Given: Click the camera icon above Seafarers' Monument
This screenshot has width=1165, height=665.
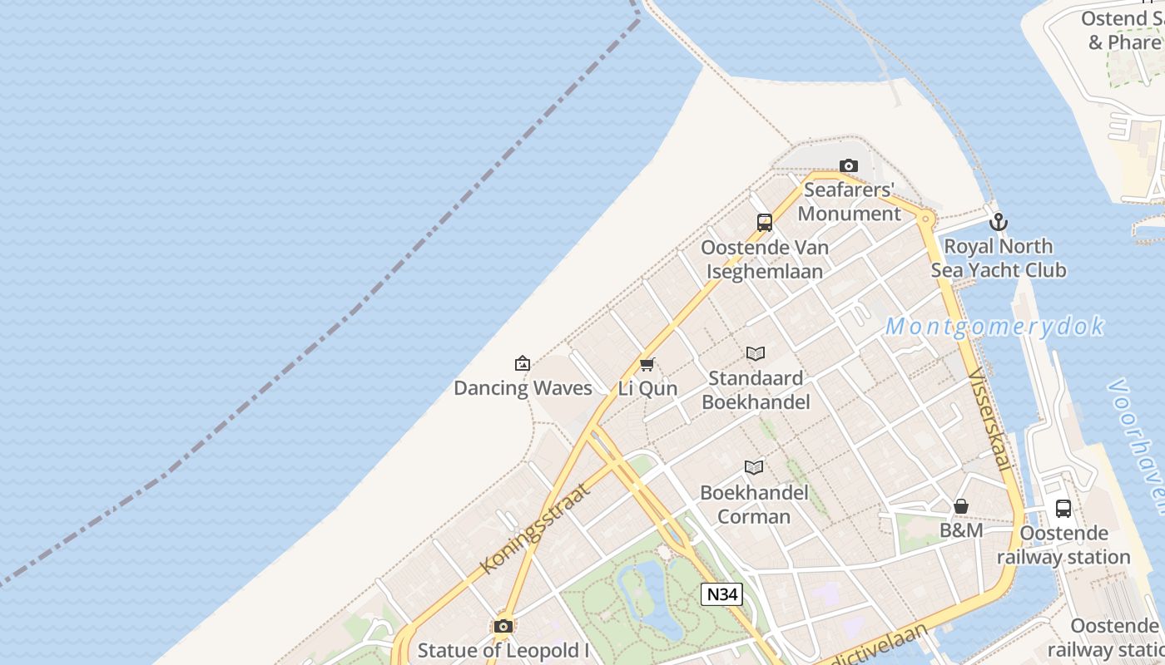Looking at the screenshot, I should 848,166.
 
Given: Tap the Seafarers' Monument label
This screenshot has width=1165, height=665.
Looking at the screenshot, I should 849,202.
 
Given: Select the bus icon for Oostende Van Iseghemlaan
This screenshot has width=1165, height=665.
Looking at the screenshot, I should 765,222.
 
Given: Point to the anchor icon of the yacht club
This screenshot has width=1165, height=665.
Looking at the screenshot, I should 999,222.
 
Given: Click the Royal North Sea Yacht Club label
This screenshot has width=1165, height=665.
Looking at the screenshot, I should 999,259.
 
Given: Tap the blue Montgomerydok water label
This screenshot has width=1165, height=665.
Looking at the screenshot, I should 994,327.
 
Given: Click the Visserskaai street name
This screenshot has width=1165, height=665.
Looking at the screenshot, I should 989,420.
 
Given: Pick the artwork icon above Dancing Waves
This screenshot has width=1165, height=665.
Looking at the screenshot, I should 523,363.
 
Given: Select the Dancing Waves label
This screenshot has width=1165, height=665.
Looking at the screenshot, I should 523,388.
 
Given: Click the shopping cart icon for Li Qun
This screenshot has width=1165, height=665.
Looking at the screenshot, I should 647,364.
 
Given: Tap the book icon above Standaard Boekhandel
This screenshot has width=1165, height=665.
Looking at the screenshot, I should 756,354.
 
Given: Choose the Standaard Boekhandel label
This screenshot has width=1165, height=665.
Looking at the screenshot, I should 756,391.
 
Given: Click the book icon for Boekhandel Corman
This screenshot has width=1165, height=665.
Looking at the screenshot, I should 754,467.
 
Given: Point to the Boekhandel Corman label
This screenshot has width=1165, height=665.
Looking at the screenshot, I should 754,505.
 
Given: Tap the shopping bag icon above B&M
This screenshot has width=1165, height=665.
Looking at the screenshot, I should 961,506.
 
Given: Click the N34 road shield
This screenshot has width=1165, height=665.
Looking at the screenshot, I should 721,594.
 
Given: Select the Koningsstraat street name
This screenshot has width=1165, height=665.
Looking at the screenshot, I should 535,529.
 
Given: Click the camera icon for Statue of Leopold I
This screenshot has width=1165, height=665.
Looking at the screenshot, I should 503,626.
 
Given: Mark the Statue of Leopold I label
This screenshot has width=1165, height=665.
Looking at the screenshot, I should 503,651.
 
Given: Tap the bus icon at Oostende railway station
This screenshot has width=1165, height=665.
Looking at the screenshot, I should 1063,509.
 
